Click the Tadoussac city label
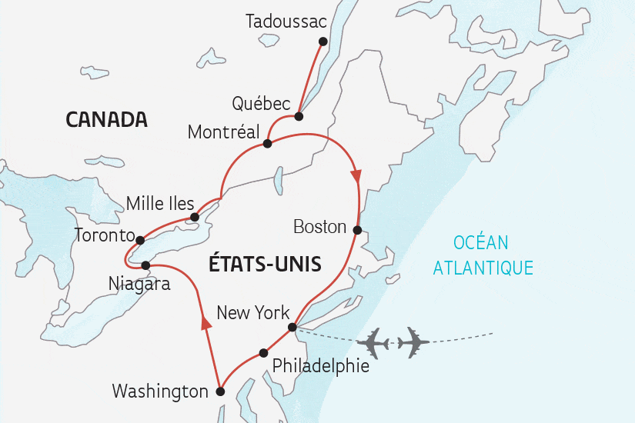click(286, 22)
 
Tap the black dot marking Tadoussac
click(323, 42)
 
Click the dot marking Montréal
click(267, 144)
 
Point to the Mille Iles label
click(160, 204)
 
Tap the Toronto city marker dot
click(139, 239)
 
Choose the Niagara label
click(139, 285)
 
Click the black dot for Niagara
click(145, 265)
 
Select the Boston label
click(320, 228)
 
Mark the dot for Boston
click(357, 229)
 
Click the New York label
click(253, 313)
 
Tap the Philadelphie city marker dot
click(263, 353)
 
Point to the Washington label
click(160, 391)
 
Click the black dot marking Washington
click(220, 391)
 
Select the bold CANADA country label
click(106, 120)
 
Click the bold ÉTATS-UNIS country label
click(265, 265)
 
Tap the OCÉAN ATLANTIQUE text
click(482, 255)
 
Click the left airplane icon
click(374, 342)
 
